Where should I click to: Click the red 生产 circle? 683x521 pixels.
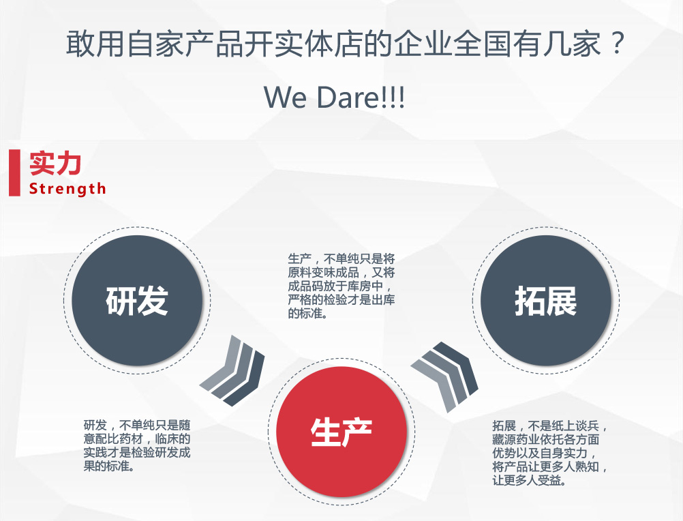(341, 432)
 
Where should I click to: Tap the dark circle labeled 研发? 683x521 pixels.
(137, 301)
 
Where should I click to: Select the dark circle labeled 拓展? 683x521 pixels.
(546, 301)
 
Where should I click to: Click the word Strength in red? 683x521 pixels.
(67, 189)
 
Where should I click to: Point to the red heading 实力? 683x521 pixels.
(55, 164)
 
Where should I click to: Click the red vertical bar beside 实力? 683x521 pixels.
(14, 173)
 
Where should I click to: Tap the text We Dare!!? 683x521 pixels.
(335, 97)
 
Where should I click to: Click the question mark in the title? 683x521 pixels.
(616, 43)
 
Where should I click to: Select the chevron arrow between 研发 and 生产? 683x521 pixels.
(232, 371)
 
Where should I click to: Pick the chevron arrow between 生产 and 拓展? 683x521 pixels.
(444, 377)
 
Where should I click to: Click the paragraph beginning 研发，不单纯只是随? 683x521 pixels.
(137, 445)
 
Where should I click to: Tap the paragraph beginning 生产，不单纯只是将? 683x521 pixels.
(341, 286)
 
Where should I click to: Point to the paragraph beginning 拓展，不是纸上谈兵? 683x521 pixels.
(549, 453)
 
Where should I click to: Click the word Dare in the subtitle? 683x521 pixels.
(348, 97)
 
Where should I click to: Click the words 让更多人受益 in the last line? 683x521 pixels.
(529, 481)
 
